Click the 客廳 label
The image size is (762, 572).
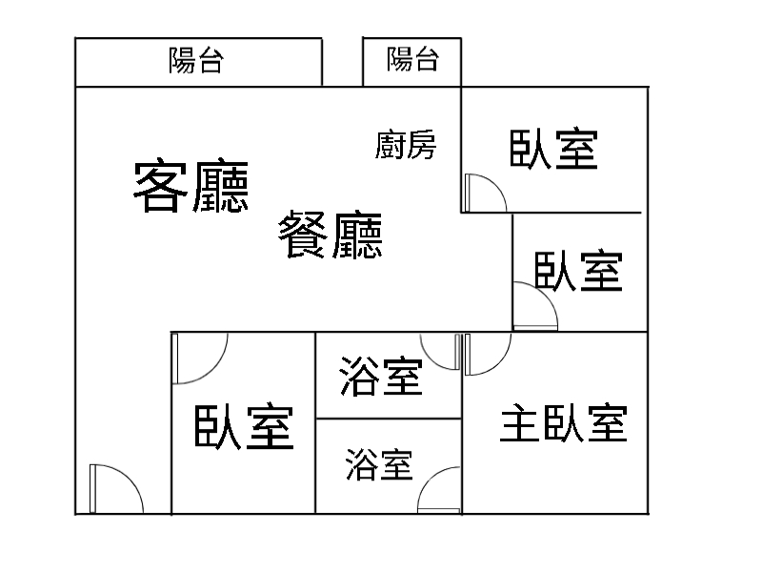[190, 187]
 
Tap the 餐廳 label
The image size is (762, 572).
[331, 235]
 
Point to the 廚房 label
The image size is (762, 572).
[406, 146]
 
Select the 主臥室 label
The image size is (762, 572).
[564, 422]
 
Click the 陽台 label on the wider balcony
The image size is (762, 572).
[196, 61]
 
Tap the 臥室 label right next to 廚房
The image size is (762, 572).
[554, 150]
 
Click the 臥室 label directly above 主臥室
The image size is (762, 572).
[578, 272]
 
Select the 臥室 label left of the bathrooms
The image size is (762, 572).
[243, 427]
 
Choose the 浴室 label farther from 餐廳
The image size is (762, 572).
[379, 466]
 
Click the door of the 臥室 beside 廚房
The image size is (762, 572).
[484, 194]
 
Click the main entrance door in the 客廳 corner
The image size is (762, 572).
[114, 490]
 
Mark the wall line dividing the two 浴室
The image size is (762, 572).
[389, 419]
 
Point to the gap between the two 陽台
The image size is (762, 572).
[342, 62]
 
